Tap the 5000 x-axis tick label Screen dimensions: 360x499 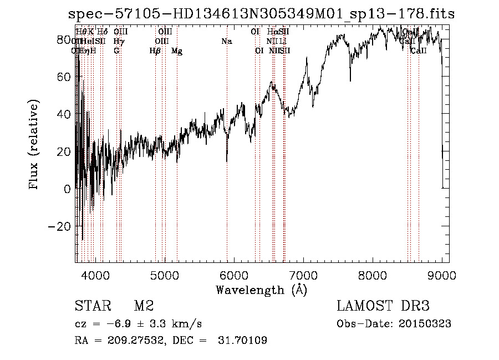(x=165, y=275)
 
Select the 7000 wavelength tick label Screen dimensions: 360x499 (x=303, y=275)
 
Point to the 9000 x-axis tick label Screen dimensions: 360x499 (x=442, y=275)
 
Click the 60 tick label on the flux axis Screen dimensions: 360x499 (x=64, y=77)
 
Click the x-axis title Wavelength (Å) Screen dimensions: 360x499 (x=261, y=290)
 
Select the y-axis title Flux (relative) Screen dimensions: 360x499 (x=35, y=145)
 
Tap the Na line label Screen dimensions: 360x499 (x=226, y=42)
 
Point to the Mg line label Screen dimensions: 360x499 (x=177, y=51)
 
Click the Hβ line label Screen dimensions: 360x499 (x=155, y=51)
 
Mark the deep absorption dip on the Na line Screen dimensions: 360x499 (x=227, y=160)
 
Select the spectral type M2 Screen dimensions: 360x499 (x=143, y=307)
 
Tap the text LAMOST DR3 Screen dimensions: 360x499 (x=383, y=307)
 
